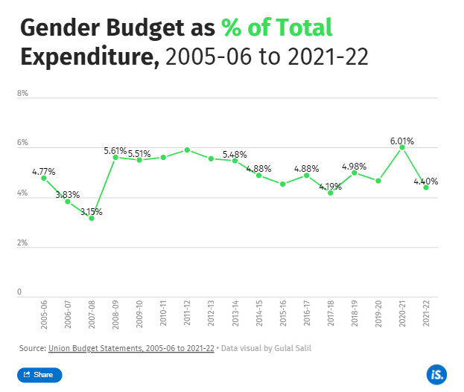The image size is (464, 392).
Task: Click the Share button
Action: coord(39,374)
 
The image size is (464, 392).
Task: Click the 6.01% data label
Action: coord(401,141)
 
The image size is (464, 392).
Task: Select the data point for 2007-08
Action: coord(92,218)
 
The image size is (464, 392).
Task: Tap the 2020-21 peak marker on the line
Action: coord(402,147)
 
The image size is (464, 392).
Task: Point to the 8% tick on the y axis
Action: coord(23,94)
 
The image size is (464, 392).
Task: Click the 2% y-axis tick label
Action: coord(23,243)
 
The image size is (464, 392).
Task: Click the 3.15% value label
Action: coord(90,211)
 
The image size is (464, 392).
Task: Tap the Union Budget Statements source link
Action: coord(131,347)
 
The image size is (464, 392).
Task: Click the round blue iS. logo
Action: coord(436,374)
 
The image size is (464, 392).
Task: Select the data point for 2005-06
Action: coord(44,178)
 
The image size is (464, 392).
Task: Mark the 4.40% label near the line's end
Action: coord(426,181)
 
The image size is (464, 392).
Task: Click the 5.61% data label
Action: coord(115,151)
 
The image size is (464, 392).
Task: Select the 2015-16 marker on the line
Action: coord(283,184)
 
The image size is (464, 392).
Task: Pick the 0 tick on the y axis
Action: coord(20,292)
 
